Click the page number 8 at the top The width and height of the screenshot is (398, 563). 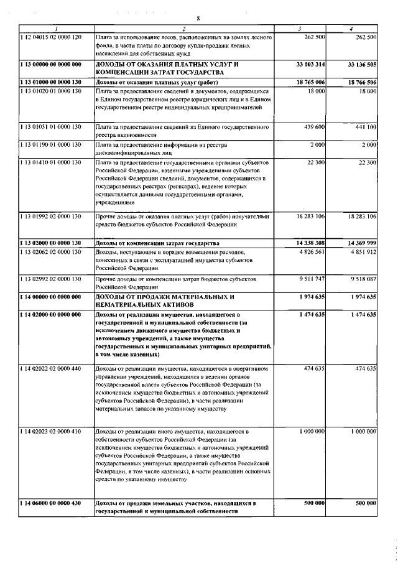tap(198, 18)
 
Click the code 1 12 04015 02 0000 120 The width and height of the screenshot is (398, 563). tap(51, 37)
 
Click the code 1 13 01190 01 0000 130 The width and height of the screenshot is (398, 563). tap(51, 145)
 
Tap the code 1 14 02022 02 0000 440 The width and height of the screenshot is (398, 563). tap(51, 369)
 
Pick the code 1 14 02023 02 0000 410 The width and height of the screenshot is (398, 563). tap(51, 431)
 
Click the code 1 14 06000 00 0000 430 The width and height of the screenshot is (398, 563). tap(51, 503)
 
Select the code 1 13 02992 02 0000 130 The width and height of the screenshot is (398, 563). tap(51, 280)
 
